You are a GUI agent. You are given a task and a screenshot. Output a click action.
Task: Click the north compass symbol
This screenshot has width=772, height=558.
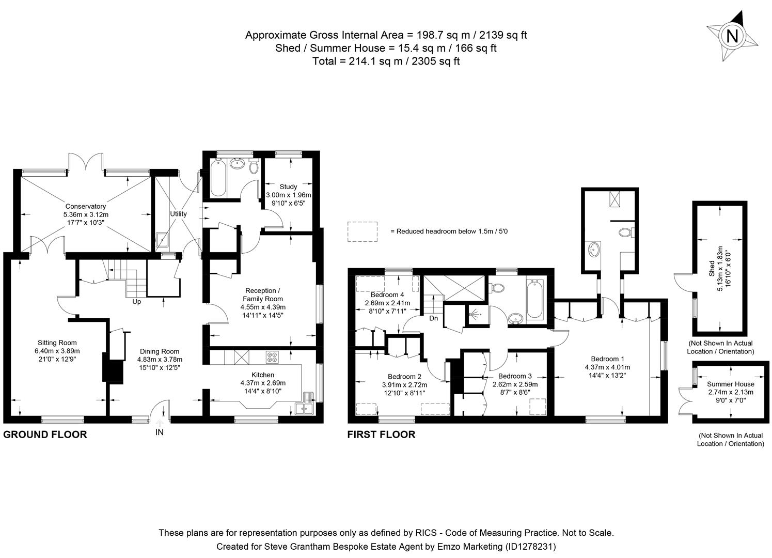pos(732,36)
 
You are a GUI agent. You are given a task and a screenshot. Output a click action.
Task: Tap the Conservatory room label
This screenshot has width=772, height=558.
pos(86,206)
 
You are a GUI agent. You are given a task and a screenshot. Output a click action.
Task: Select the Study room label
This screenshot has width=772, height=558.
pos(288,187)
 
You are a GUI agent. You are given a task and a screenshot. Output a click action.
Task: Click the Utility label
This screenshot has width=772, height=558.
pos(179,213)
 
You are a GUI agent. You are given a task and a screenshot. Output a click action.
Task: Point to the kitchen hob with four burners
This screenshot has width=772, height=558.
pos(272,357)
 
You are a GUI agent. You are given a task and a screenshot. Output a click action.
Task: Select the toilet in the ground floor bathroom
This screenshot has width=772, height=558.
pos(254,167)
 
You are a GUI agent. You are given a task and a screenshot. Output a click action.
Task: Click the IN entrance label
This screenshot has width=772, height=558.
pos(159,432)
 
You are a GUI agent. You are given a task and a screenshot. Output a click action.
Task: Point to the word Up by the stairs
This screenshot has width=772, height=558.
pos(137,302)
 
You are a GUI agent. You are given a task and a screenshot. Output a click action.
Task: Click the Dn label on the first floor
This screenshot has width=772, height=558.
pos(434,318)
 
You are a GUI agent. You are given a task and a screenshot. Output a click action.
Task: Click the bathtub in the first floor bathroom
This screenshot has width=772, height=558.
pos(534,300)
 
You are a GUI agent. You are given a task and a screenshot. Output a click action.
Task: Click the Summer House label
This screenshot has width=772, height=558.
pos(730,384)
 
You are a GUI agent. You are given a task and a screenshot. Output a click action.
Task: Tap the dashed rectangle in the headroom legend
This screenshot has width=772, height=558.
pos(363,231)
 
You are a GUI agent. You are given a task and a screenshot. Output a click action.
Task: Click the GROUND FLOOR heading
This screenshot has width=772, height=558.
pos(45,435)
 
